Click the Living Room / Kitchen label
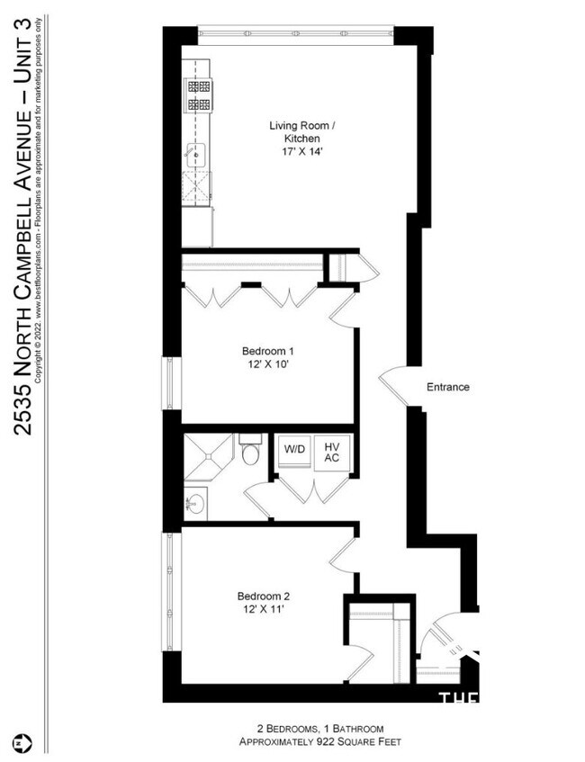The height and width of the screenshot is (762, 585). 301,133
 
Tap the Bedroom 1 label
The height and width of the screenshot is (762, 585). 267,350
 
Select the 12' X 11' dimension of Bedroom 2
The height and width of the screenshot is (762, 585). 263,609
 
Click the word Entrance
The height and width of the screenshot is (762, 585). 447,387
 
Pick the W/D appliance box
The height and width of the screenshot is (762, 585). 293,449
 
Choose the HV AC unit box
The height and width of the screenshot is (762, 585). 332,452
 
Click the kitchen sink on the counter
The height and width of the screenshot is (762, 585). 195,157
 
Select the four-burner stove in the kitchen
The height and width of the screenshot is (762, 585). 197,95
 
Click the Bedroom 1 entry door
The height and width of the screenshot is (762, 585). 344,311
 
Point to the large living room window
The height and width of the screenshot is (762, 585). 294,33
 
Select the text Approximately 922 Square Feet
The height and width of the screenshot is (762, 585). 319,741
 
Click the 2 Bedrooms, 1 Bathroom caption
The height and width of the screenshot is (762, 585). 319,728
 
